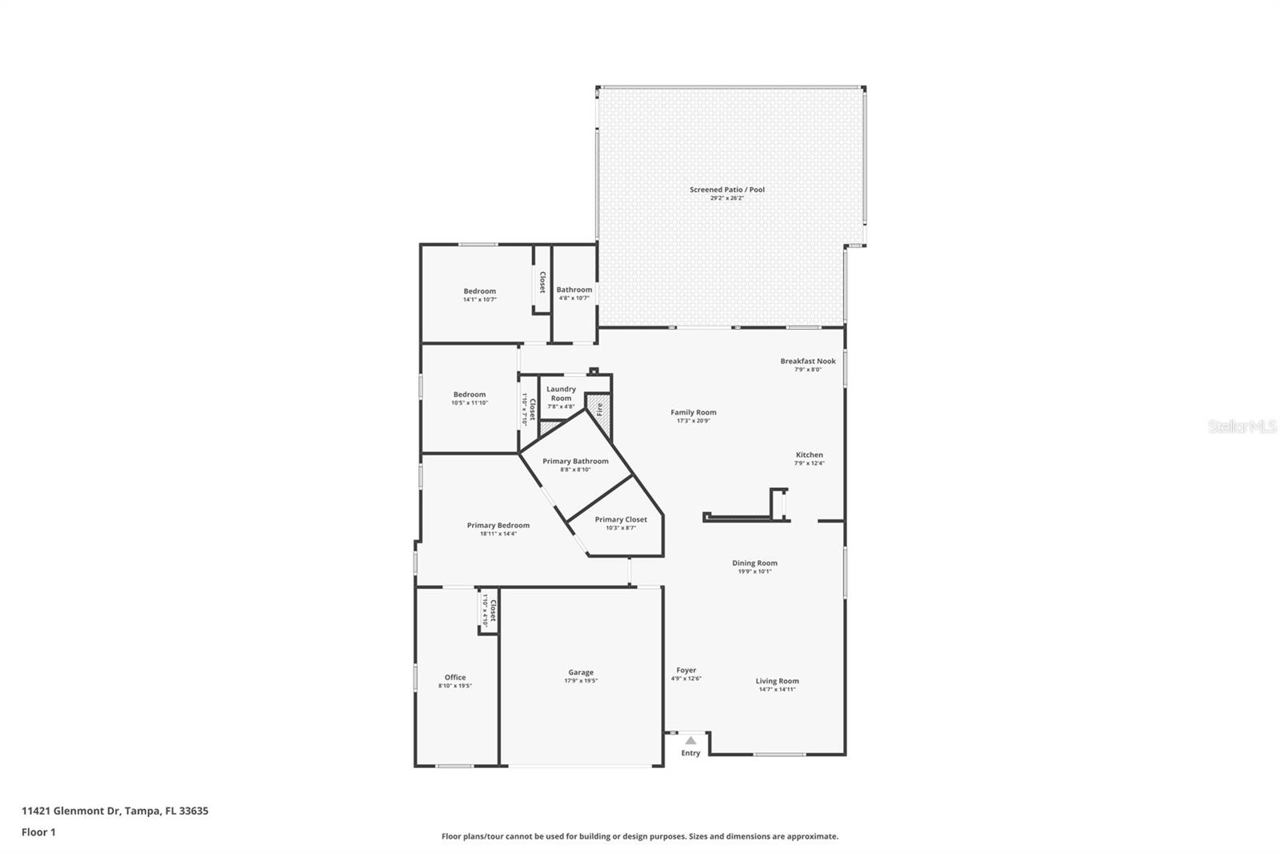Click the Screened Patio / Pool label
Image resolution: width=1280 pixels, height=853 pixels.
click(x=726, y=190)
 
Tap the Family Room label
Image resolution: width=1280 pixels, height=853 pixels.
click(x=693, y=412)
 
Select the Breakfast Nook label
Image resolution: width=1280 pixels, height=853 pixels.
click(x=808, y=361)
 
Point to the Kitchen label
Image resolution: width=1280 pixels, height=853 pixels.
click(x=809, y=455)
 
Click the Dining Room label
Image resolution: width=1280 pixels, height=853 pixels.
click(x=754, y=563)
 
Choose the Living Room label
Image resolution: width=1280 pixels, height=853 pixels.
click(x=777, y=681)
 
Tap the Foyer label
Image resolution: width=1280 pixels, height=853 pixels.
click(x=686, y=671)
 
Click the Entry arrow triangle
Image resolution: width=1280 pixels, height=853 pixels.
click(x=690, y=741)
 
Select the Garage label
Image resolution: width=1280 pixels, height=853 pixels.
click(x=581, y=672)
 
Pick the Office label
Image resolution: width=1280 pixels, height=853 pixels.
click(x=454, y=677)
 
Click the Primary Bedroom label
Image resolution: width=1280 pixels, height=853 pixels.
click(x=498, y=526)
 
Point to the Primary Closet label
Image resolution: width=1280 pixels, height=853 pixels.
click(x=621, y=519)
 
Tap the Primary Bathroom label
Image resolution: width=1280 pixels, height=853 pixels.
click(x=575, y=461)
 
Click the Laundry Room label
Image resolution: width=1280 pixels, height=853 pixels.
click(x=561, y=393)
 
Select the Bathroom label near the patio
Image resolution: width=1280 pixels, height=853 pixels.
click(x=574, y=290)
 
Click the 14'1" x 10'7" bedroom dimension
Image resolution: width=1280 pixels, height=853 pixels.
click(x=479, y=300)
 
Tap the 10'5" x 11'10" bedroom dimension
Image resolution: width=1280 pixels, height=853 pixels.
click(x=469, y=403)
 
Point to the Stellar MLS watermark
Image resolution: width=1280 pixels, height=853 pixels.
click(x=1242, y=426)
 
